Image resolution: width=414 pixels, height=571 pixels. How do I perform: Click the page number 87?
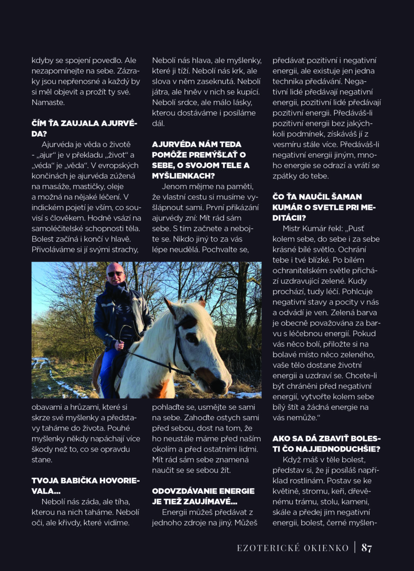point(366,548)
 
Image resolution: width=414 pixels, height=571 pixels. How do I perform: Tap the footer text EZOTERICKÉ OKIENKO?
point(293,548)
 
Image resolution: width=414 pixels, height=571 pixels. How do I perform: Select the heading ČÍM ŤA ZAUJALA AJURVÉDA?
point(84,128)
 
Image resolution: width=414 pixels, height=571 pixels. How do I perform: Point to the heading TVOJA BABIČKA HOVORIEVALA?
point(86,485)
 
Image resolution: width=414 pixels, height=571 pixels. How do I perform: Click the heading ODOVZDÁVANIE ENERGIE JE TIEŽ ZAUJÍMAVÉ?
point(203,496)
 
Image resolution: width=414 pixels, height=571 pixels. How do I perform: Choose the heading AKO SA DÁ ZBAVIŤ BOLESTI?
point(327,443)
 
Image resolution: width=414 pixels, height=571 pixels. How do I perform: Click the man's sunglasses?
point(114,274)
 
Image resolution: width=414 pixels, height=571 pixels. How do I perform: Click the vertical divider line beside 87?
point(355,548)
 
